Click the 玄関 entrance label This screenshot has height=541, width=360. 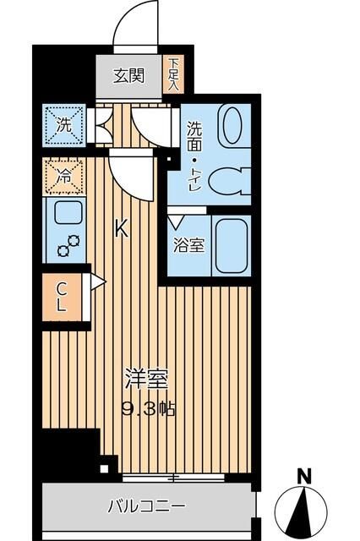tap(129, 75)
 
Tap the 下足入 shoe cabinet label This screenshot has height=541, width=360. tap(173, 74)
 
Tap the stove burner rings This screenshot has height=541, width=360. tap(67, 243)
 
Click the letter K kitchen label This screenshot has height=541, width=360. tap(122, 227)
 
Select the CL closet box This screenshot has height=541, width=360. tap(62, 297)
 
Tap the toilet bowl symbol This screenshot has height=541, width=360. tap(226, 178)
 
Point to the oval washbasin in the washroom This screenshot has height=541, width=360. tap(231, 125)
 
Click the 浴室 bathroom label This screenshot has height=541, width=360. tap(188, 247)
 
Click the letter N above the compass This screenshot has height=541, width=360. tap(307, 475)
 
